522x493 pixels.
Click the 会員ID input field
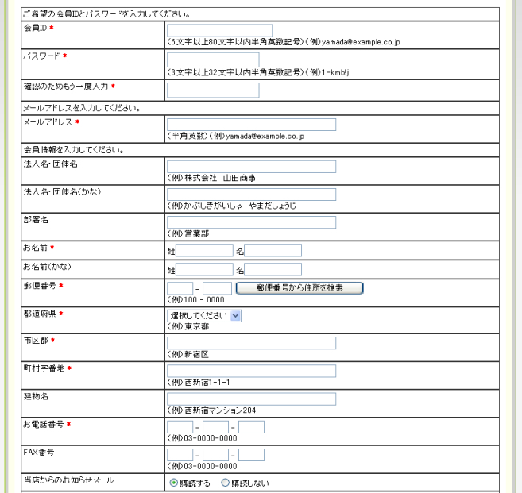[219, 31]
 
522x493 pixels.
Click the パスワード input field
[213, 60]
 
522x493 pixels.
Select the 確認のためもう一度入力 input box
[213, 90]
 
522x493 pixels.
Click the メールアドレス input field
[251, 125]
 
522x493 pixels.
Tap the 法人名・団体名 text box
[251, 167]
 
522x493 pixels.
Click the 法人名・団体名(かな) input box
[251, 195]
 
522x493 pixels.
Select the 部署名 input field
[251, 222]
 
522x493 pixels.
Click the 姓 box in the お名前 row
[204, 251]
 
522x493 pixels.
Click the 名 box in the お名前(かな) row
[273, 270]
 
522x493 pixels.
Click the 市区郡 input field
[251, 343]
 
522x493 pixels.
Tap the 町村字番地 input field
[251, 371]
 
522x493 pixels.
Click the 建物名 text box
[251, 399]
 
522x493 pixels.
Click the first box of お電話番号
[180, 427]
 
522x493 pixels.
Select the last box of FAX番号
[251, 456]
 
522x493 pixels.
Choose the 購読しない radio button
[225, 483]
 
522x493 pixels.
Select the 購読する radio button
[173, 483]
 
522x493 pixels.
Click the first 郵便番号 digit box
[180, 287]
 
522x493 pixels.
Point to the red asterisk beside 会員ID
[52, 29]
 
